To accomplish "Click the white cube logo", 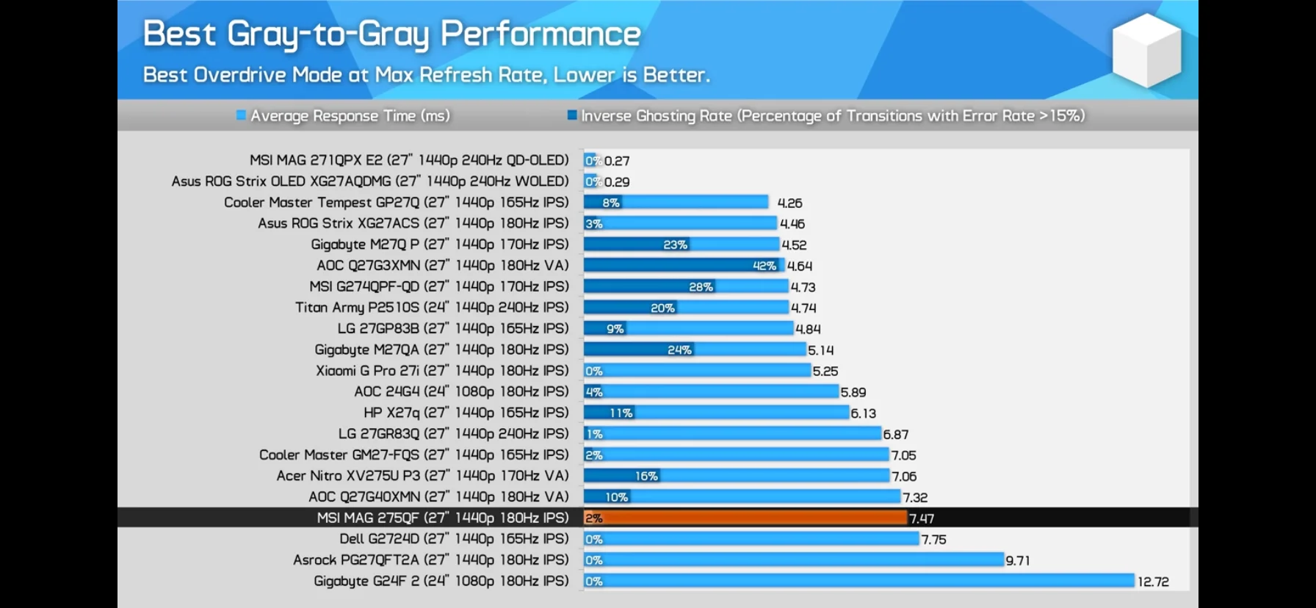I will [x=1146, y=51].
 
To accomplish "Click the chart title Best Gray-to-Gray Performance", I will [x=391, y=34].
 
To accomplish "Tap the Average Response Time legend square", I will [x=241, y=115].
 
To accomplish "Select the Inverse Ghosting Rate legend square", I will [x=571, y=115].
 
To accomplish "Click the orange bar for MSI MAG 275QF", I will [x=745, y=518].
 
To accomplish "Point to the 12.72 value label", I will [x=1153, y=582].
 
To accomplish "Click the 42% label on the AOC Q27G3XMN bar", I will [x=764, y=266].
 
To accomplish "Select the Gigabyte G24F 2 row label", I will [x=441, y=581].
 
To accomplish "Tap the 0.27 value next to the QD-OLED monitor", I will [x=617, y=161].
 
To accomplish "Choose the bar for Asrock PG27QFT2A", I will [x=793, y=560].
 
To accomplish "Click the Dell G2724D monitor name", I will [x=454, y=539].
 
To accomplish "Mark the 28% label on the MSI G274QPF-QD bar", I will [x=701, y=287].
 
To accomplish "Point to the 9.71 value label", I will [x=1018, y=560].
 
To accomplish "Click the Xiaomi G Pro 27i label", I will [x=442, y=371].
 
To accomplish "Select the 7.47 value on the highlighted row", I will [x=922, y=518].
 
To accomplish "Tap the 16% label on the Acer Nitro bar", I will [x=646, y=476].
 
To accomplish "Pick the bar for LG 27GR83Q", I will [x=732, y=434].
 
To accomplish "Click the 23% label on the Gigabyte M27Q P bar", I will [x=675, y=245].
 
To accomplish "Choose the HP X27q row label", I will [x=466, y=413].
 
